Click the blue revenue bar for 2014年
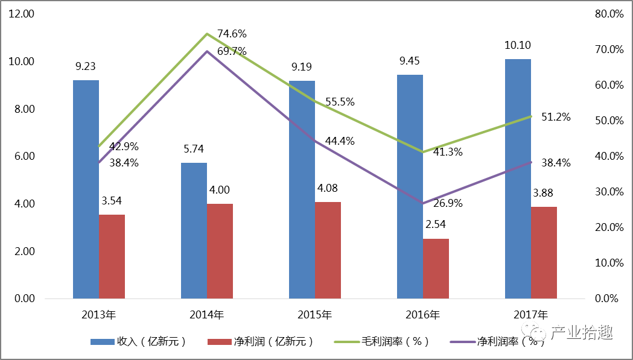point(194,230)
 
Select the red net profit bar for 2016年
point(436,268)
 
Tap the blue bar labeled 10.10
point(518,178)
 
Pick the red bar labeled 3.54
point(112,256)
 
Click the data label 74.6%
point(232,34)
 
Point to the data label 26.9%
point(448,203)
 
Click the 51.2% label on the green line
point(556,117)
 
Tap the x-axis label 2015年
point(314,315)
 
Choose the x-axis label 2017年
point(530,315)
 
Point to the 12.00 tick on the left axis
point(21,14)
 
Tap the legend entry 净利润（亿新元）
point(259,341)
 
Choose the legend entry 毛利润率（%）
point(382,341)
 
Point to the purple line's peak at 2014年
point(206,51)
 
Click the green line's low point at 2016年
point(422,152)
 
